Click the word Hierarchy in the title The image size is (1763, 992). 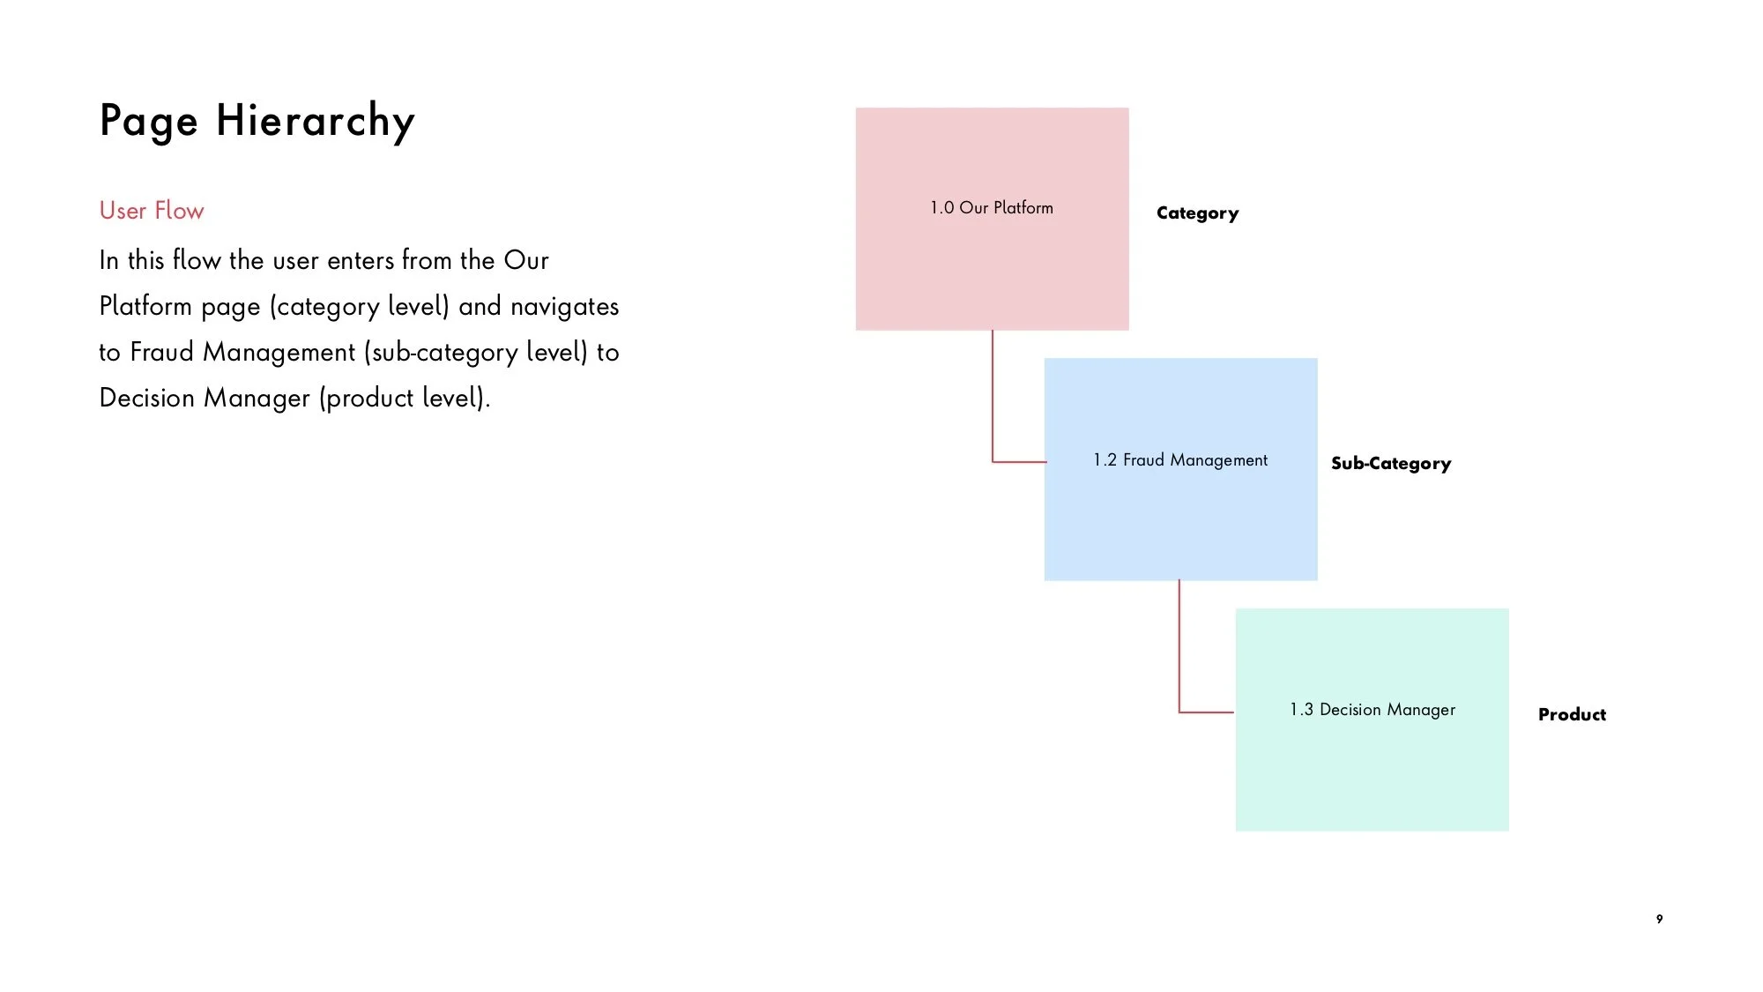coord(315,121)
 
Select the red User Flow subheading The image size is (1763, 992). coord(152,211)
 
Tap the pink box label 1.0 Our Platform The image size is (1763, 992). coord(992,208)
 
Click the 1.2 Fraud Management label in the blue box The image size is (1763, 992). coord(1180,460)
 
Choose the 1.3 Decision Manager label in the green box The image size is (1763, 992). coord(1372,710)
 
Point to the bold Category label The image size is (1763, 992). coord(1197,213)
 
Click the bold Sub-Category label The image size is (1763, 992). coord(1391,464)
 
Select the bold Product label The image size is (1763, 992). coord(1572,714)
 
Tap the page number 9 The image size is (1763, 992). coord(1659,919)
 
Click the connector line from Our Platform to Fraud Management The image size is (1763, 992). coord(993,397)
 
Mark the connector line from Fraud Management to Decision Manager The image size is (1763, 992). coord(1179,648)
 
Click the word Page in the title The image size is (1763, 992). coord(148,121)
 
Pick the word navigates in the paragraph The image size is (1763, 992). coord(565,306)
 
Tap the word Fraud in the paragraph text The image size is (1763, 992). coord(161,352)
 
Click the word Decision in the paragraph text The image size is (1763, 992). coord(146,398)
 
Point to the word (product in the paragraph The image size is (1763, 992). coord(366,398)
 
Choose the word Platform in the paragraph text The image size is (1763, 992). coord(145,306)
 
